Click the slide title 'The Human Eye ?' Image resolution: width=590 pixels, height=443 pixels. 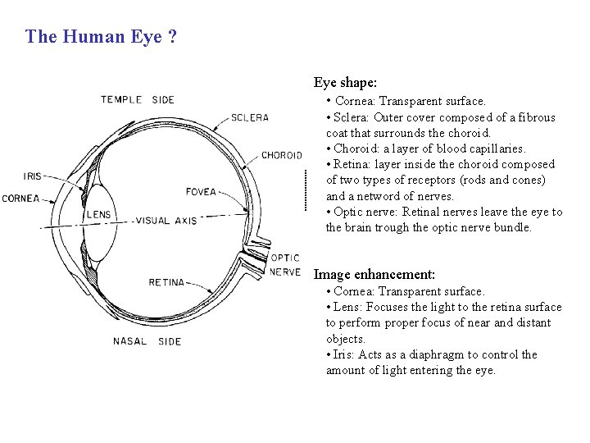click(101, 37)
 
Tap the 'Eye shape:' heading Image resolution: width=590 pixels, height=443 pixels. click(345, 83)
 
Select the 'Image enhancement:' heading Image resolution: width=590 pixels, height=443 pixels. click(374, 275)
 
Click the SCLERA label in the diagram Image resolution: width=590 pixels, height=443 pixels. click(250, 117)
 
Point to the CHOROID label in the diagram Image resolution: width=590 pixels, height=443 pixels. click(281, 155)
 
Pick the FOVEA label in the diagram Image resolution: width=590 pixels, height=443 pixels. click(202, 192)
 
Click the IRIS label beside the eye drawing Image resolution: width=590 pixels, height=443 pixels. click(34, 176)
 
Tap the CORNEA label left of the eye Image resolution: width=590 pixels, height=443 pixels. click(21, 198)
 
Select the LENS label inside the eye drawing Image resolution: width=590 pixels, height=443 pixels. click(99, 216)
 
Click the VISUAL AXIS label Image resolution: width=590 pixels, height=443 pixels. click(166, 221)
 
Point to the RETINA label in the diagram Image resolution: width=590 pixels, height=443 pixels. click(166, 282)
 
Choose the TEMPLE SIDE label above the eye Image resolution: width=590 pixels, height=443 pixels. click(138, 100)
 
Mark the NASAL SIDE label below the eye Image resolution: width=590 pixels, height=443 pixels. click(147, 341)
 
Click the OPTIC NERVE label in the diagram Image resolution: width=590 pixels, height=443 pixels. click(285, 265)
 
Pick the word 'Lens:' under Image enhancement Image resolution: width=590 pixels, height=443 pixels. click(347, 307)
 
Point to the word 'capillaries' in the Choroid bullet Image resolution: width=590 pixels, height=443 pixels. click(497, 148)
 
